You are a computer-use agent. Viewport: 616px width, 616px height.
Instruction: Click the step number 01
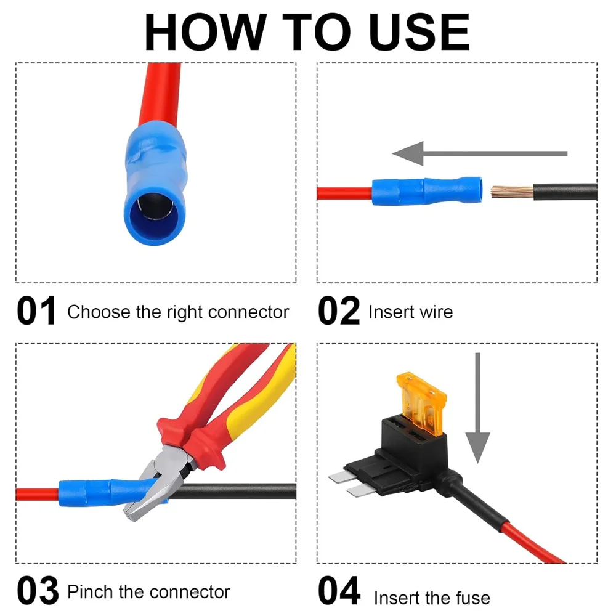pos(36,312)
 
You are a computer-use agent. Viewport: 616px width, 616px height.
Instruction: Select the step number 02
pos(338,312)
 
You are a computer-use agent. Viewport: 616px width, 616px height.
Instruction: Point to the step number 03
pos(37,591)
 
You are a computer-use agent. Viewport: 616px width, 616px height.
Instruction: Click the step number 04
pos(339,591)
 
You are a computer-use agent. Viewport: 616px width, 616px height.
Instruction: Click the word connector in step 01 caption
pos(248,312)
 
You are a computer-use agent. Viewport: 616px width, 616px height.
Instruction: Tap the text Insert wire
pos(410,312)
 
